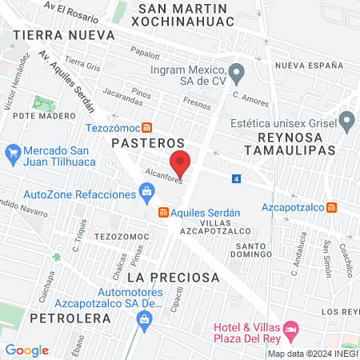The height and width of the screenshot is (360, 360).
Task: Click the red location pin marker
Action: tap(181, 163)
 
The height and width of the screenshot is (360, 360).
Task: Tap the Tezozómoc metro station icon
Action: tap(146, 127)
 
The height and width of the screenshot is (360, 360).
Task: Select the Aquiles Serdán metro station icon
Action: tap(162, 212)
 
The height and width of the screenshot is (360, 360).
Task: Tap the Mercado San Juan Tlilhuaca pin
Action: tap(13, 151)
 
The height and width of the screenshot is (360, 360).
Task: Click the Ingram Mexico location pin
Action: tap(234, 70)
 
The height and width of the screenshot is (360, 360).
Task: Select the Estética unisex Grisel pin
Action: tap(346, 122)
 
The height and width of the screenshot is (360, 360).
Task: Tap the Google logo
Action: tap(27, 350)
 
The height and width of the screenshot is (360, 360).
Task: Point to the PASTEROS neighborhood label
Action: tap(138, 143)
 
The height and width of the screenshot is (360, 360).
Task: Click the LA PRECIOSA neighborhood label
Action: tap(173, 277)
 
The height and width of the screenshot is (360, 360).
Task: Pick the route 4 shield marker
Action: tap(237, 178)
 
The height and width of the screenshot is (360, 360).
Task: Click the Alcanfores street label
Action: tap(163, 175)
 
